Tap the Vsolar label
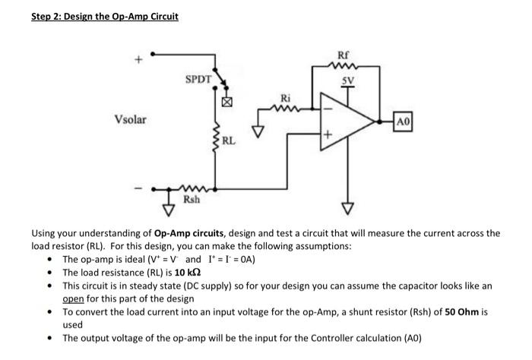coord(131,120)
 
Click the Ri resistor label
coord(286,98)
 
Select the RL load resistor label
coord(230,140)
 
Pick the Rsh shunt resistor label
coord(192,199)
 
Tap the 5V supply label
coord(349,78)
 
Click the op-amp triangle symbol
coord(346,121)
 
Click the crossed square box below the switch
coord(224,100)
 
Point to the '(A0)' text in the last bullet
coord(407,338)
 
